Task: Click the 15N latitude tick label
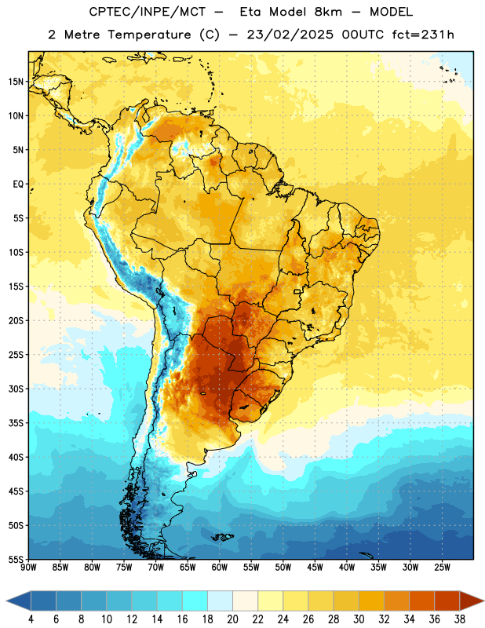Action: [16, 82]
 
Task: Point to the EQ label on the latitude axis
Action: [18, 184]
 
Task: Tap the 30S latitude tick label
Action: [16, 389]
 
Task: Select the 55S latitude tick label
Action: [16, 559]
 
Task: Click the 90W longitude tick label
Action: [28, 568]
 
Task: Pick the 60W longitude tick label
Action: [220, 568]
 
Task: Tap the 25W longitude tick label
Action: [442, 568]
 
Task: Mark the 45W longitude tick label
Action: [315, 568]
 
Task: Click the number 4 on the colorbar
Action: [31, 619]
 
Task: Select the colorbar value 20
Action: [232, 619]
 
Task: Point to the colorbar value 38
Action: [460, 619]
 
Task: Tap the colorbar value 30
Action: [359, 619]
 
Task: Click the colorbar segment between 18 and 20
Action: [221, 601]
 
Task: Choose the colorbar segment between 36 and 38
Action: [447, 601]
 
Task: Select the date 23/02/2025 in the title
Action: [290, 35]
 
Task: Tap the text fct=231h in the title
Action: [423, 35]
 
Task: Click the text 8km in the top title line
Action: [328, 12]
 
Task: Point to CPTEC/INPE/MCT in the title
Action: [148, 12]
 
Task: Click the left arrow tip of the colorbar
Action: [6, 601]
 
